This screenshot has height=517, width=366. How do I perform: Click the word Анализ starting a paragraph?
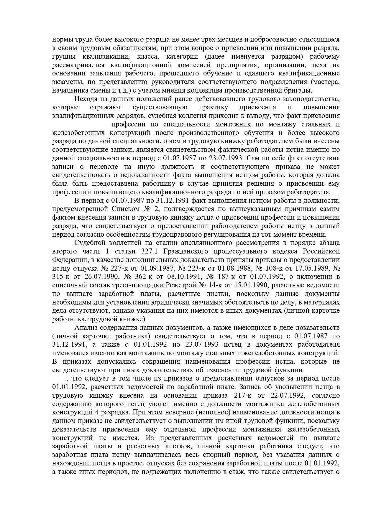[x=86, y=327]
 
